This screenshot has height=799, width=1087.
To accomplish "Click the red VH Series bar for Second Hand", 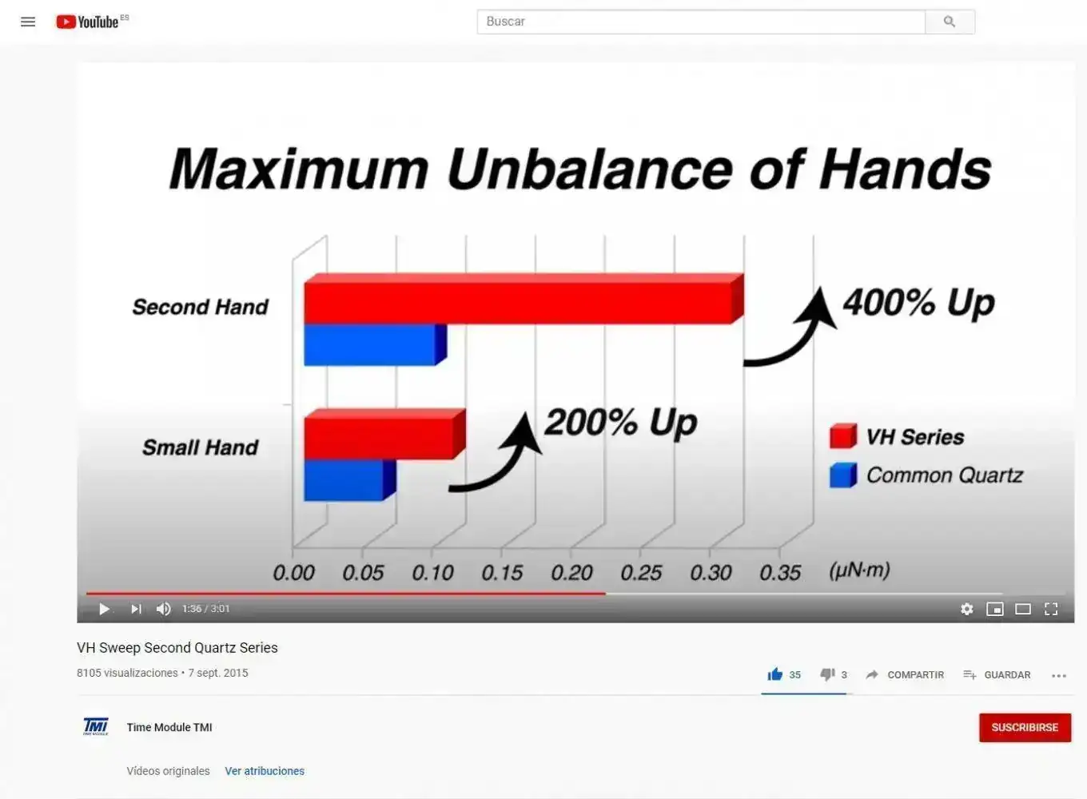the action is pos(524,299).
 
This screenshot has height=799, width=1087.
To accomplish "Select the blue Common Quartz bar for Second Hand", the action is pos(375,344).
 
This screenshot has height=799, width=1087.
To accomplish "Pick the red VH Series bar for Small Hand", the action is pos(384,434).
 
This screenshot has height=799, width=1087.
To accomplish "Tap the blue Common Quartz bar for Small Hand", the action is pos(350,479).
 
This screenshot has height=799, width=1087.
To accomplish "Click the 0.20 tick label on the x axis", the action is pos(571,573).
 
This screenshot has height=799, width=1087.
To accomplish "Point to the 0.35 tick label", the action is pos(780,573).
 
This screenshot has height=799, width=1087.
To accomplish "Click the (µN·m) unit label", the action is pos(859,570).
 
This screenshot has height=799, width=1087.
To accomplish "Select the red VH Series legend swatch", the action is pos(843,435).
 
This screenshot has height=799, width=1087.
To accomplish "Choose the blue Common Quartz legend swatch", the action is pos(843,475).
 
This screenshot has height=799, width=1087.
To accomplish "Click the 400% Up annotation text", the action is pos(918,303).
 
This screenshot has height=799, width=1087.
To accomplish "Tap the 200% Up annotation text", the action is pos(621,423).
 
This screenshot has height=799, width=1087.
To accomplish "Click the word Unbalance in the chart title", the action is pos(589,169).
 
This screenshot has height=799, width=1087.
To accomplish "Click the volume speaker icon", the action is pos(164,609).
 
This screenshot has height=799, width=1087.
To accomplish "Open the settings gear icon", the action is pos(966,609).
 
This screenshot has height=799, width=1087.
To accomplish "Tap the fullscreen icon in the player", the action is pos(1050,609).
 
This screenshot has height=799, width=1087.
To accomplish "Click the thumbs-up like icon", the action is pos(775,674).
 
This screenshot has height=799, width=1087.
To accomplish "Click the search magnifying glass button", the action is pos(950,22).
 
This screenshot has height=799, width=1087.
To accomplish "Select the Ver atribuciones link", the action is pos(265,771).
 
